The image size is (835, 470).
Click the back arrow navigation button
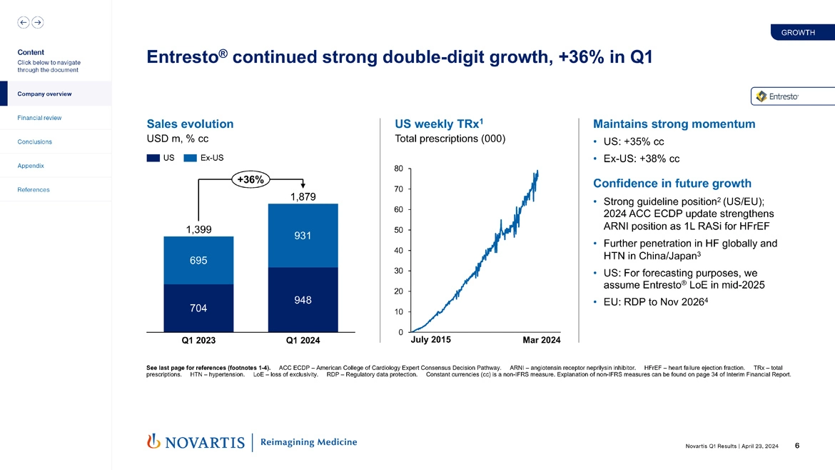pos(24,22)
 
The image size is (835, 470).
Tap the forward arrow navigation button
pos(37,22)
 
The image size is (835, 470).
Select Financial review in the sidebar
pos(39,118)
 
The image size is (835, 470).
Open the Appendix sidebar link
pos(31,166)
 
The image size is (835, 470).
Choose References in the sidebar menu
pos(34,190)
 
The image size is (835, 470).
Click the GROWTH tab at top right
pos(798,33)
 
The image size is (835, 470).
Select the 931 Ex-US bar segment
pos(303,236)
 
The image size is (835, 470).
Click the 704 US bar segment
pos(198,308)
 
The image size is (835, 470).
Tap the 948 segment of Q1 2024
pos(303,300)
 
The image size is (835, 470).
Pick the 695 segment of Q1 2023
pos(198,260)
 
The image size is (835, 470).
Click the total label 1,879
pos(303,196)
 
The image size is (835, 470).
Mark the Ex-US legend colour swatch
pos(190,158)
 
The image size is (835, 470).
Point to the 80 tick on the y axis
pos(398,169)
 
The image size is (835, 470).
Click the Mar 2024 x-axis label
pos(541,340)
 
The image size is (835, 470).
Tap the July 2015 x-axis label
pos(431,340)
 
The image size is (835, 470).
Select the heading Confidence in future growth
pos(667,184)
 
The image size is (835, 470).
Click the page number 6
pos(796,446)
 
